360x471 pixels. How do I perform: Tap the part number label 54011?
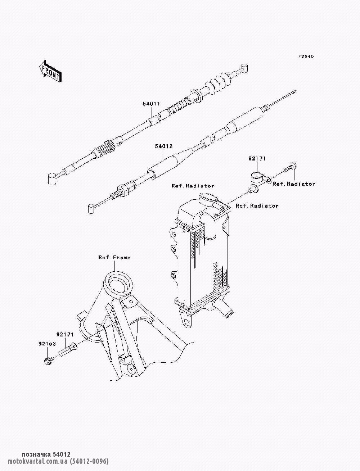point(151,104)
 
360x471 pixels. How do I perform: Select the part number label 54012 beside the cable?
point(164,146)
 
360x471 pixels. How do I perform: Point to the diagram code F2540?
point(306,56)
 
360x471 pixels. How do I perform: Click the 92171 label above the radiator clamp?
point(257,159)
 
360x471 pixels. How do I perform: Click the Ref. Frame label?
point(114,257)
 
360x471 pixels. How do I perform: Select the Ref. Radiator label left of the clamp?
point(193,186)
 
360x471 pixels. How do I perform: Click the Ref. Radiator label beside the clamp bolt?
point(294,184)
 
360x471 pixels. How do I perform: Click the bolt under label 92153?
point(49,361)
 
